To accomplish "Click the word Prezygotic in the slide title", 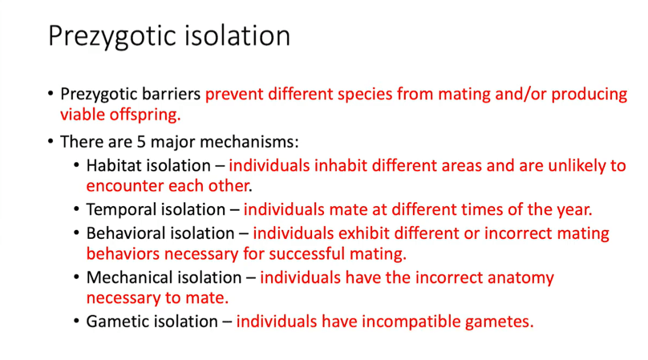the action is pyautogui.click(x=112, y=36).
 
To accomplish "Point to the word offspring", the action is pyautogui.click(x=145, y=115).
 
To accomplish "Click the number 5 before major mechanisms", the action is pyautogui.click(x=141, y=142).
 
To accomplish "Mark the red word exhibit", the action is pyautogui.click(x=363, y=233).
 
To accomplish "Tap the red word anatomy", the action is pyautogui.click(x=520, y=278).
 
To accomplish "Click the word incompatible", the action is pyautogui.click(x=411, y=322).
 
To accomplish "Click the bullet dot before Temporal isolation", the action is pyautogui.click(x=76, y=209).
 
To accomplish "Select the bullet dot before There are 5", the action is pyautogui.click(x=51, y=142).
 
